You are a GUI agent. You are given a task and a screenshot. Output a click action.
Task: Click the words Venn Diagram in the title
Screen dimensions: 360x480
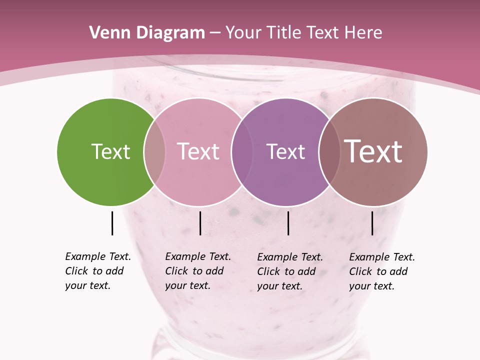[147, 33]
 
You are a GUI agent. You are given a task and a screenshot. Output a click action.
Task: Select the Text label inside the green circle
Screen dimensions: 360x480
[110, 151]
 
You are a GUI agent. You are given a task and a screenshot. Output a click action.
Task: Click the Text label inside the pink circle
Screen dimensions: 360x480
[198, 151]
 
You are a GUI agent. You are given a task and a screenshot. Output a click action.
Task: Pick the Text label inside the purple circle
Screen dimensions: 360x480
[285, 151]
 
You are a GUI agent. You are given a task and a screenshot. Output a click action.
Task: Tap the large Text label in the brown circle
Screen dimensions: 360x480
[373, 151]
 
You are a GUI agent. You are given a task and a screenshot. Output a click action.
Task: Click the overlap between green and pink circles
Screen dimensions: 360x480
[154, 151]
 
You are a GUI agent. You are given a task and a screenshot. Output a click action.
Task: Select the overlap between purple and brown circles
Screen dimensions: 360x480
[329, 151]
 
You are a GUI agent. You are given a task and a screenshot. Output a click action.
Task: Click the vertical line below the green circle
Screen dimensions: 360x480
[112, 223]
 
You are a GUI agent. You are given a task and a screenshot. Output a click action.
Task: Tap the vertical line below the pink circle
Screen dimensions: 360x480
[200, 223]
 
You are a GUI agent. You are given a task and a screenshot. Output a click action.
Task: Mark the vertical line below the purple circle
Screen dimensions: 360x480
[288, 223]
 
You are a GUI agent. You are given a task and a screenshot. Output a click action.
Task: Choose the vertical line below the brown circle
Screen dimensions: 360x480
[372, 223]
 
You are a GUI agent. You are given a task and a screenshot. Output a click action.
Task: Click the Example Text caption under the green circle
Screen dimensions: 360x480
[98, 271]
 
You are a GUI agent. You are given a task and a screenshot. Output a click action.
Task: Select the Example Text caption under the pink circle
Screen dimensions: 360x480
[198, 271]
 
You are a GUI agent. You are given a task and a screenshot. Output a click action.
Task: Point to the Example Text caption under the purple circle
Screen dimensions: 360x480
[290, 271]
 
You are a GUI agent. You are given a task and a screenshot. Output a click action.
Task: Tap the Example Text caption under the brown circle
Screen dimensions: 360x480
[382, 271]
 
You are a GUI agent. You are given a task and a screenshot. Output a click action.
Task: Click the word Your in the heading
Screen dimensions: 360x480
[243, 33]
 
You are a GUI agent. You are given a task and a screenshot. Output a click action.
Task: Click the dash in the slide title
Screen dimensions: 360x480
[215, 33]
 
